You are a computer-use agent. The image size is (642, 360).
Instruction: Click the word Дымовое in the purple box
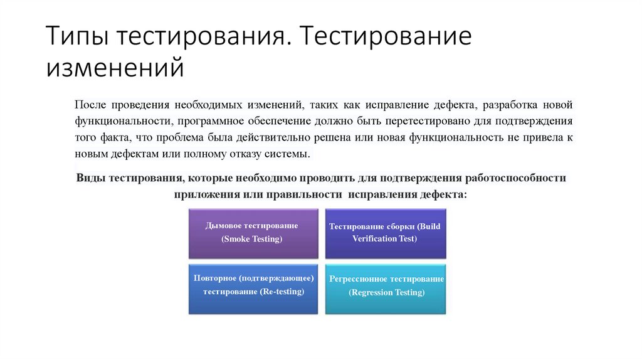coord(224,225)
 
